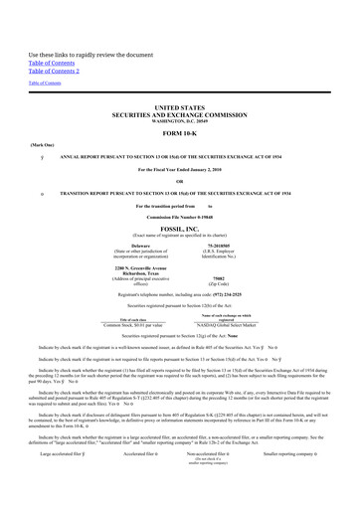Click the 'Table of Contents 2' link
click(54, 70)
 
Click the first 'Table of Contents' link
click(49, 61)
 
